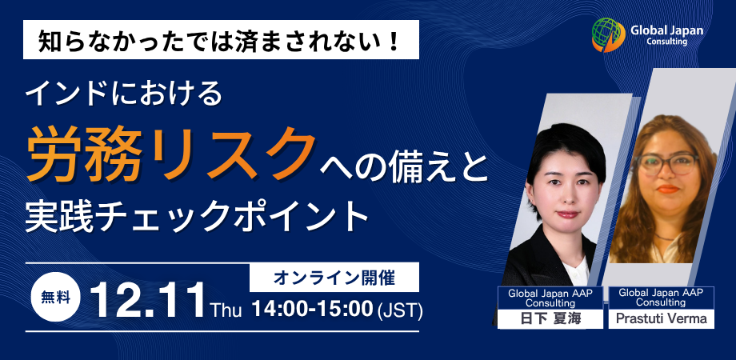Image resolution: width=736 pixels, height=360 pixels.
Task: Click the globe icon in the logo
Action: (x=608, y=34)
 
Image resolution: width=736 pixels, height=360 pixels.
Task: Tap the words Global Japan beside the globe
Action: (x=666, y=30)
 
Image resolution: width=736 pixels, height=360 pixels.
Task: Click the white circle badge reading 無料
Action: (x=56, y=297)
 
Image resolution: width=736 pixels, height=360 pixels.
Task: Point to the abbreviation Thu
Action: (x=226, y=310)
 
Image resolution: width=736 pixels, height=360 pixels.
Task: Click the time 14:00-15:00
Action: (x=312, y=310)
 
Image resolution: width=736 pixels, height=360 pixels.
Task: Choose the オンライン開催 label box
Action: (x=334, y=278)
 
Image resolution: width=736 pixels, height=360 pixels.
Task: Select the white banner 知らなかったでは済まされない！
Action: (x=221, y=39)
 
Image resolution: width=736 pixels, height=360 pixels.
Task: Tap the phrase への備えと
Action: (x=405, y=167)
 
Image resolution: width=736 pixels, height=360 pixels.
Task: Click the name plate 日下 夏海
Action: (x=550, y=319)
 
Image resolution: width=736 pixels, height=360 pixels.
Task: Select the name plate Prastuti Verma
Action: (x=662, y=319)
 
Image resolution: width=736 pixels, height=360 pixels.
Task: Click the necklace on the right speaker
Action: (x=666, y=236)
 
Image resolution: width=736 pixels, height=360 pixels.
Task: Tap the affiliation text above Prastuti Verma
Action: (x=662, y=298)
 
